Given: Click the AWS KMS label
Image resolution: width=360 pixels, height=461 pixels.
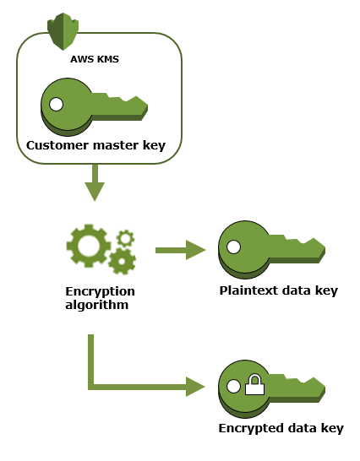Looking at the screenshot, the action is (95, 59).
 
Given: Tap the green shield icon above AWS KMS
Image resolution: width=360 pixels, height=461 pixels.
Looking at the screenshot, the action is (63, 31).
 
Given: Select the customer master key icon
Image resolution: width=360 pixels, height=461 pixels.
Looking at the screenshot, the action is (94, 107).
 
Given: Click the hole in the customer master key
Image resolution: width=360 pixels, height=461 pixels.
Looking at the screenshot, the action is (57, 105).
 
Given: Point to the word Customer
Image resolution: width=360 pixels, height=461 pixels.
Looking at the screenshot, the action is (57, 145).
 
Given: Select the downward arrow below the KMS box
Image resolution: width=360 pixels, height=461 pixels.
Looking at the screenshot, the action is (95, 182).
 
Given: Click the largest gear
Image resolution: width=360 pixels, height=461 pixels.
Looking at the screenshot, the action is (89, 246).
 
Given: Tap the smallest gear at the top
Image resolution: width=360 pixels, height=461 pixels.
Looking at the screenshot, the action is (126, 238).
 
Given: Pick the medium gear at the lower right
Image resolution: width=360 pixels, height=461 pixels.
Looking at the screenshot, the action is (122, 261).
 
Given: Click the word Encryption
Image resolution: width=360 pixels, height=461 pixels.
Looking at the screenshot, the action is (100, 291).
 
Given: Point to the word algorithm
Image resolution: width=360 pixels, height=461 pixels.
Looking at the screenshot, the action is (97, 305).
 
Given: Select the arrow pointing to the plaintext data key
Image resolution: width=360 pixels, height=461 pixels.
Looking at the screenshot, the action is (181, 250).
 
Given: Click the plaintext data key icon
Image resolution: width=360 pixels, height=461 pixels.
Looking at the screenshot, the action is (272, 250).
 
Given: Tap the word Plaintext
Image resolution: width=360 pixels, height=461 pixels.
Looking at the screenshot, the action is (249, 290).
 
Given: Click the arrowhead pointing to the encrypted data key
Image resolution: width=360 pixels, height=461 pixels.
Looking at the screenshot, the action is (195, 387).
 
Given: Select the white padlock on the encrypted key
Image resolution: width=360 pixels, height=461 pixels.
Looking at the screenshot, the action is (255, 384).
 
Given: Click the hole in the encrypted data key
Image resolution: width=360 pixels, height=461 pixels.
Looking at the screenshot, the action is (234, 386).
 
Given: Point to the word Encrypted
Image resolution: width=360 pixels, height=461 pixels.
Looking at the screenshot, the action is (251, 428).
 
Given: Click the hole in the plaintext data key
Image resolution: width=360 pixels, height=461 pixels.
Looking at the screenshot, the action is (234, 247).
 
